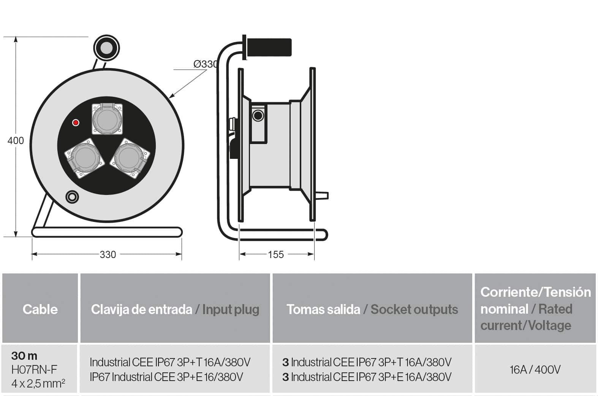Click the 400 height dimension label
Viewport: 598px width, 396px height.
click(16, 141)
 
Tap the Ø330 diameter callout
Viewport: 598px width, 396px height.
click(206, 64)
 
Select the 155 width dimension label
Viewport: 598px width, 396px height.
click(276, 254)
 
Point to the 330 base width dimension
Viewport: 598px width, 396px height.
click(108, 254)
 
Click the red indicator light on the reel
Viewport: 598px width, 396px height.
click(76, 122)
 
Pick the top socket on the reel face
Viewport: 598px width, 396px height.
click(108, 119)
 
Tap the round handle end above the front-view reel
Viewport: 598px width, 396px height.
click(106, 48)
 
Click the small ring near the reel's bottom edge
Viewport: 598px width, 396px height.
click(72, 196)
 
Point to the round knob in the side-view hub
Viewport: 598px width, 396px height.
click(258, 115)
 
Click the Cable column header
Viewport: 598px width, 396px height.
click(40, 309)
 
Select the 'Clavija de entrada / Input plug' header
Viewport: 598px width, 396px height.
click(175, 309)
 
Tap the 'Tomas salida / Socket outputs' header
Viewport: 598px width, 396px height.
click(372, 309)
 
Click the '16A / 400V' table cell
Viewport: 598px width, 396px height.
click(535, 369)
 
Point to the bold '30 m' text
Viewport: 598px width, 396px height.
click(24, 356)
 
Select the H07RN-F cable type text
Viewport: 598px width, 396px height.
click(34, 369)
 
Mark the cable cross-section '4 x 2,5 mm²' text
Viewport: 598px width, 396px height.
click(38, 383)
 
